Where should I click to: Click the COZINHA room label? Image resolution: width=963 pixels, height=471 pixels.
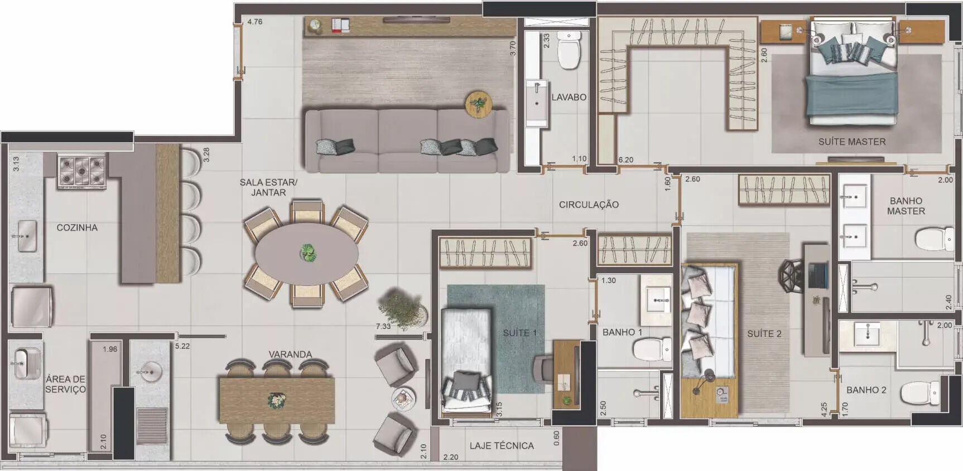(x=77, y=227)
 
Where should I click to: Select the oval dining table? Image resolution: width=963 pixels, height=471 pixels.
(x=306, y=254)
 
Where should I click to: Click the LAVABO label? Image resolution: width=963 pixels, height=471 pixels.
(x=569, y=97)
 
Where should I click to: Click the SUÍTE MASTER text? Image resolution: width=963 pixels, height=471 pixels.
(x=852, y=142)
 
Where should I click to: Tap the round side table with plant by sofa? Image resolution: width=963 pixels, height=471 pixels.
(x=478, y=104)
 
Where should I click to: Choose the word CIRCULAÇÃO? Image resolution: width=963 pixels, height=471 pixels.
(x=589, y=205)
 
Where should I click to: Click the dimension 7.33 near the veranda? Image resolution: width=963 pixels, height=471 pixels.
(x=383, y=327)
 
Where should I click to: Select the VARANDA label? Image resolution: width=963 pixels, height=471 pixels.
(x=290, y=355)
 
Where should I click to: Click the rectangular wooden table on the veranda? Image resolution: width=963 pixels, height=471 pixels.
(x=277, y=401)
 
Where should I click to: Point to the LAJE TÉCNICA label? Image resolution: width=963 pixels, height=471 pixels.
(x=502, y=445)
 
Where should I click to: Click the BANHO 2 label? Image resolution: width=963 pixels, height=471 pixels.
(x=866, y=390)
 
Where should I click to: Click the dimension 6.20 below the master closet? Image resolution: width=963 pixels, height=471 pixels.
(x=625, y=160)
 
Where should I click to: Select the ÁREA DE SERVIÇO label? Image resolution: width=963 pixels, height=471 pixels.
(x=65, y=384)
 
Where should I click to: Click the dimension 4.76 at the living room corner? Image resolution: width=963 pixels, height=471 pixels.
(x=254, y=22)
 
